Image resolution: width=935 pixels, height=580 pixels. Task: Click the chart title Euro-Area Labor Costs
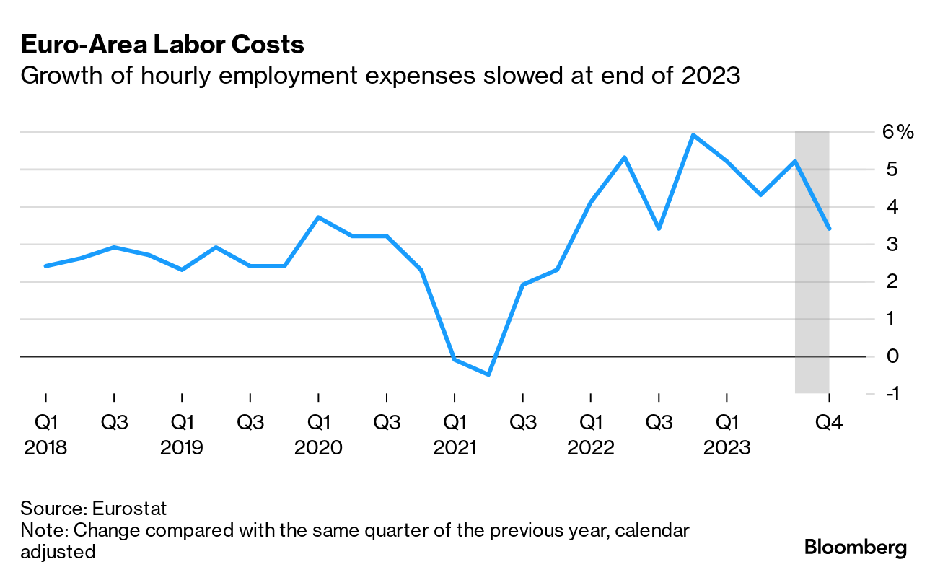pos(162,45)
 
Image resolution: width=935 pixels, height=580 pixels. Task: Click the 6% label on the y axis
pos(897,132)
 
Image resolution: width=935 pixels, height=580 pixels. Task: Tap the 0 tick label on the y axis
pos(893,356)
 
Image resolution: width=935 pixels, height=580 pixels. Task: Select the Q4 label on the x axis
pos(828,422)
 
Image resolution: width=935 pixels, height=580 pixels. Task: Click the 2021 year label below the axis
pos(455,448)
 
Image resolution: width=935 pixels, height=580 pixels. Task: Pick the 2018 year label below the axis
pos(45,448)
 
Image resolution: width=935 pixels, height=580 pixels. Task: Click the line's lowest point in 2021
pos(488,374)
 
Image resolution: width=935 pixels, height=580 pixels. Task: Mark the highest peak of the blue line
pos(693,135)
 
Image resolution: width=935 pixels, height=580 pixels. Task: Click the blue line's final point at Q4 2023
pos(829,229)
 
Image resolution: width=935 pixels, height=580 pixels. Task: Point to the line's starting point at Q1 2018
pos(45,266)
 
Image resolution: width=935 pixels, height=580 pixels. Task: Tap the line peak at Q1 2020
pos(318,217)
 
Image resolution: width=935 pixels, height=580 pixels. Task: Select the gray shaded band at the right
pos(812,289)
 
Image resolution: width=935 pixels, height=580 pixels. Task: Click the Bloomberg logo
pos(856,548)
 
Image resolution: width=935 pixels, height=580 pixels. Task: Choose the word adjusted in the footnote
pos(58,553)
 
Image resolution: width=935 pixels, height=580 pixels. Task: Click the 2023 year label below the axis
pos(727,448)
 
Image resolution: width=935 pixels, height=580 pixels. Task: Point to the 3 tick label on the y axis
pos(893,245)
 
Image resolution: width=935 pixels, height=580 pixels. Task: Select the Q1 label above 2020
pos(318,422)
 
